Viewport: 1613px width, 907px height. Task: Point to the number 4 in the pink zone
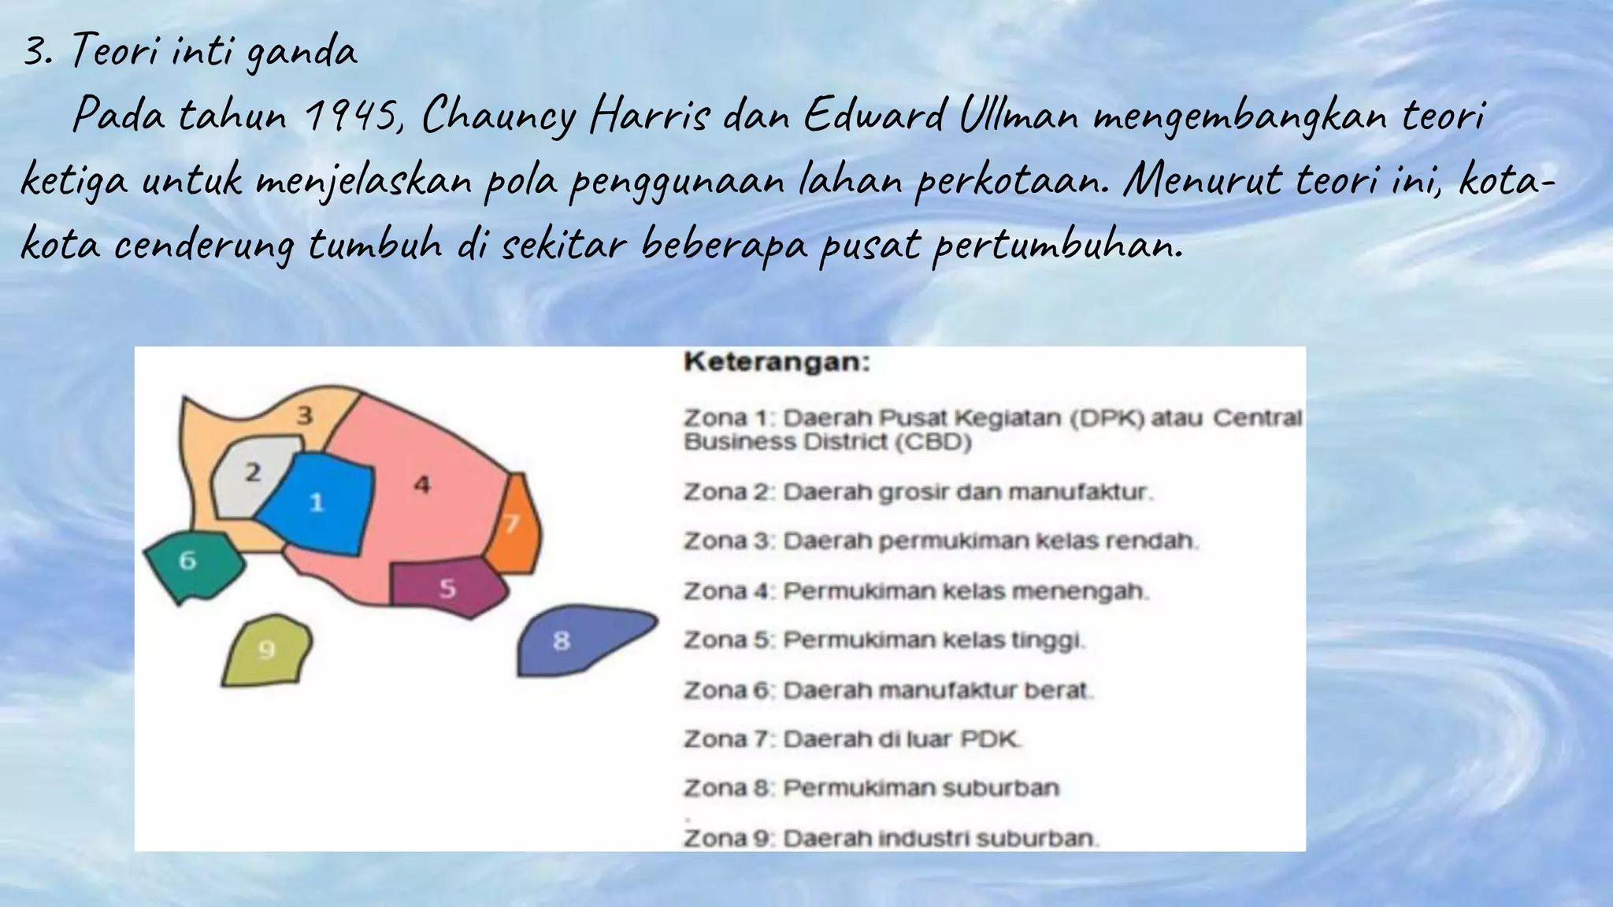pos(422,485)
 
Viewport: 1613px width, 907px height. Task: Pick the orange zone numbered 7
pos(514,524)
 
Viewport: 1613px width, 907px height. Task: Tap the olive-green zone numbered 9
pos(267,650)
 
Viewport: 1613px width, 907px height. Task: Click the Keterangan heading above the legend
pos(777,362)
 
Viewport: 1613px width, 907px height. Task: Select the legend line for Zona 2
pos(918,492)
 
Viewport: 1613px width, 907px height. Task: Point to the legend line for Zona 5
pos(884,640)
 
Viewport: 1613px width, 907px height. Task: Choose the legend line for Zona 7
pos(852,739)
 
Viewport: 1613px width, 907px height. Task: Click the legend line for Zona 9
pos(891,839)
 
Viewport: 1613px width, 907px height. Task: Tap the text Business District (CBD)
pos(828,442)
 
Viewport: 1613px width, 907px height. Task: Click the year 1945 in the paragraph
pos(354,117)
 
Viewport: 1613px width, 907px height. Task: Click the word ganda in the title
pos(302,54)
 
